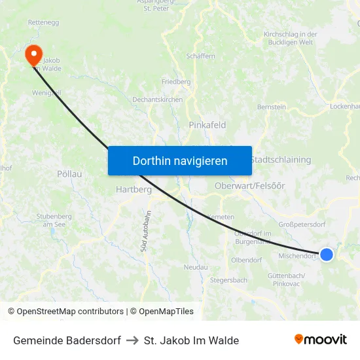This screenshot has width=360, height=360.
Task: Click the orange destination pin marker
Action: pyautogui.click(x=31, y=54)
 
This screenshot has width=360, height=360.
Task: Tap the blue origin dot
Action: pyautogui.click(x=326, y=255)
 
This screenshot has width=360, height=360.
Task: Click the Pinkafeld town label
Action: pyautogui.click(x=207, y=124)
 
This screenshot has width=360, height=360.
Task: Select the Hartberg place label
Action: pyautogui.click(x=134, y=189)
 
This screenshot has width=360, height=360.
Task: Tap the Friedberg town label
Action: pyautogui.click(x=176, y=82)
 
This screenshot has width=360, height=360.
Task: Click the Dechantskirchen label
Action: pyautogui.click(x=157, y=99)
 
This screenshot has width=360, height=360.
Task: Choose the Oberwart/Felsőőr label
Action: pyautogui.click(x=250, y=186)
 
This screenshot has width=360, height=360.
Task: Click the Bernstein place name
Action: pyautogui.click(x=272, y=106)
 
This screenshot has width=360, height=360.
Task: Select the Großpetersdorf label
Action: pyautogui.click(x=302, y=224)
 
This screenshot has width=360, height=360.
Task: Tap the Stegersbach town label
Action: pyautogui.click(x=228, y=280)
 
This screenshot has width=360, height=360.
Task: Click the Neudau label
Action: pyautogui.click(x=196, y=267)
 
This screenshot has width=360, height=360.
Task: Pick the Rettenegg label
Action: pyautogui.click(x=44, y=22)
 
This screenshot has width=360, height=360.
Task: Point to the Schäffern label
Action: pyautogui.click(x=200, y=56)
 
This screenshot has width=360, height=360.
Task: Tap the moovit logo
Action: pyautogui.click(x=321, y=340)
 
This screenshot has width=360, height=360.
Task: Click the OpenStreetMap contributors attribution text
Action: pyautogui.click(x=67, y=312)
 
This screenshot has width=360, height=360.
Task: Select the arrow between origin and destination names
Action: pyautogui.click(x=132, y=340)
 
